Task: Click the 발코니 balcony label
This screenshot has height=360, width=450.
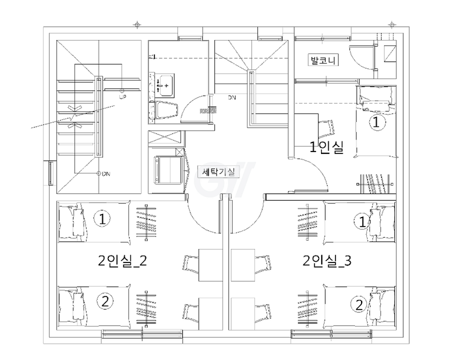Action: coord(323,60)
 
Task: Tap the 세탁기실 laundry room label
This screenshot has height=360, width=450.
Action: coord(219,172)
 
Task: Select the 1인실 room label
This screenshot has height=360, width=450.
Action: coord(327,147)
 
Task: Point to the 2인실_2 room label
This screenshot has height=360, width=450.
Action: coord(122,261)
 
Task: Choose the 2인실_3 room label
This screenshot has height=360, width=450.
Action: coord(327,261)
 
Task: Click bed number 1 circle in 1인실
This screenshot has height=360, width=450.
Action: coord(376,122)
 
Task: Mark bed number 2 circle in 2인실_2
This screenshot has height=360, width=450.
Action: coord(105,301)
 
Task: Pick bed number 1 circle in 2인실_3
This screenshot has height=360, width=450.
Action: coord(362,222)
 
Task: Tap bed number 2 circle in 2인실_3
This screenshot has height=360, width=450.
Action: coord(359,304)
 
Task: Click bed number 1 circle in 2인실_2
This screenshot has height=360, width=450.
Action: coord(102,219)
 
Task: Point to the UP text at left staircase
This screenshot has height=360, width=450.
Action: coord(122,97)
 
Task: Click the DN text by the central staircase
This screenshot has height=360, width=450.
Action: coord(232,98)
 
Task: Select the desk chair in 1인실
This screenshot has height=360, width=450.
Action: coord(326,128)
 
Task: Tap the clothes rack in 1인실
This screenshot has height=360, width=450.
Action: coord(375,184)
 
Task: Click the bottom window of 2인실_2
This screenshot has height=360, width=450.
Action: coord(142,334)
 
